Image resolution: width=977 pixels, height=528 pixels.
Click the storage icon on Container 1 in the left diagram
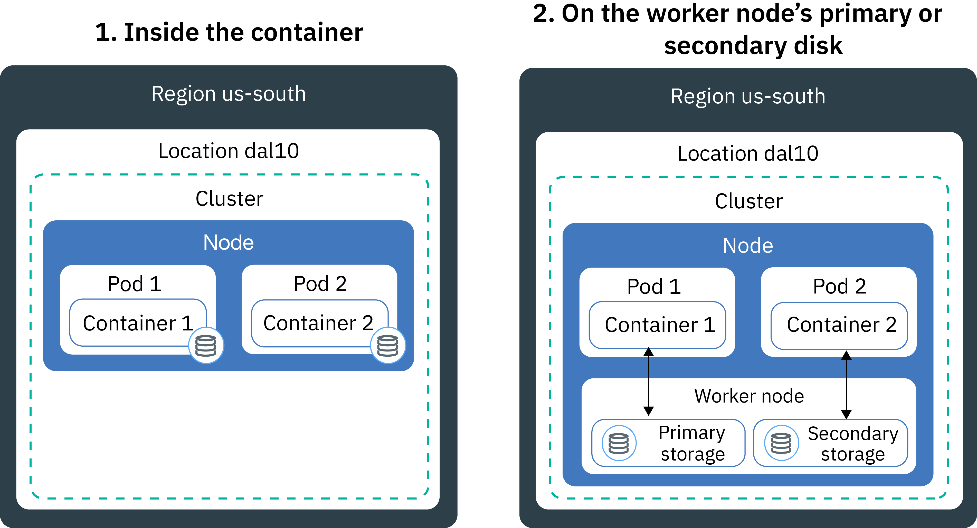pos(206,345)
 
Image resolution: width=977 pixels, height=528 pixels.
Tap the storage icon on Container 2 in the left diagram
pos(388,345)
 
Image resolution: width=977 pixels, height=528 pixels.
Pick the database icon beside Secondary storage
pos(781,443)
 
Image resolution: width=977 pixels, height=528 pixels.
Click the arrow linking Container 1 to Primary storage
pos(649,381)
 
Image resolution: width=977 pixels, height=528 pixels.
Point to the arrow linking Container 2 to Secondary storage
pos(846,385)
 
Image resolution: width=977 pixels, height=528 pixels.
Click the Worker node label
pos(749,396)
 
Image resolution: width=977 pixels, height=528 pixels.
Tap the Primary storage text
pos(692,443)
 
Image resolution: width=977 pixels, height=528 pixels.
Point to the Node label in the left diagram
pos(228,243)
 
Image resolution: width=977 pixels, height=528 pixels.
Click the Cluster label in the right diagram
pos(749,201)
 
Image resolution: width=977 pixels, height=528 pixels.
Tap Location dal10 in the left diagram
pos(228,151)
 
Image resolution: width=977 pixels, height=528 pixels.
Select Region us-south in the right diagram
pos(748,96)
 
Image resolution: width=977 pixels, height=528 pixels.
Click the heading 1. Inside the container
pos(229,32)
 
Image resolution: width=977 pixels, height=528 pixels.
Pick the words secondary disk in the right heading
pos(753,45)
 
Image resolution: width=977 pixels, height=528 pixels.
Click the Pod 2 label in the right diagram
pos(839,286)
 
